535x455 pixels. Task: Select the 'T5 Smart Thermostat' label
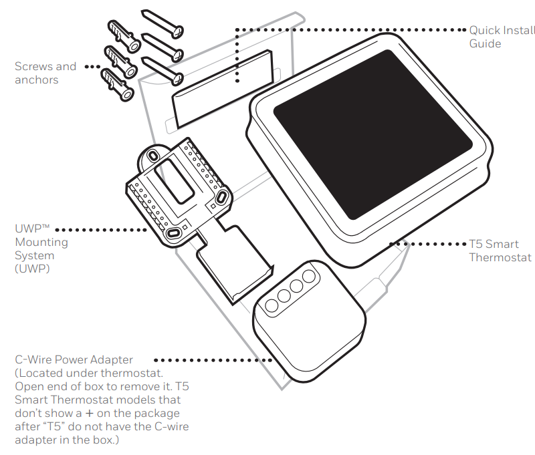pyautogui.click(x=500, y=251)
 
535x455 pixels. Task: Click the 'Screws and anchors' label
pyautogui.click(x=45, y=73)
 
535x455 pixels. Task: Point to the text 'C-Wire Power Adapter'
pyautogui.click(x=74, y=360)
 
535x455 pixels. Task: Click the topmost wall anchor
pyautogui.click(x=123, y=35)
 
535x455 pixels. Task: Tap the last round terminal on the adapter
pyautogui.click(x=308, y=275)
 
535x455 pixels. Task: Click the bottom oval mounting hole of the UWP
pyautogui.click(x=174, y=233)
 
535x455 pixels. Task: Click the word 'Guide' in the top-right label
pyautogui.click(x=485, y=43)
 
